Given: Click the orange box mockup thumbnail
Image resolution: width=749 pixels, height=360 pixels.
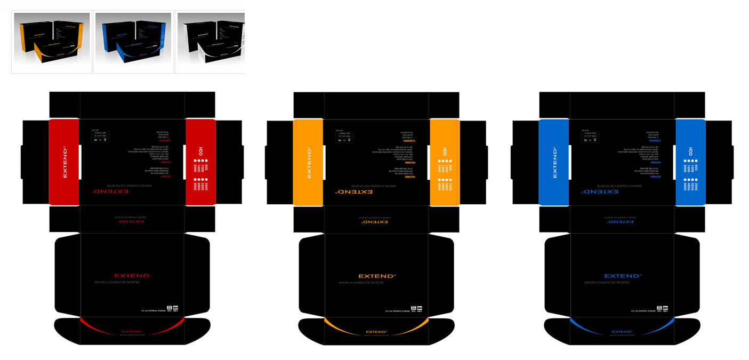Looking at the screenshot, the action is [51, 42].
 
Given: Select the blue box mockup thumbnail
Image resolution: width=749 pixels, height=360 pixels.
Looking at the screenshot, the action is [133, 42].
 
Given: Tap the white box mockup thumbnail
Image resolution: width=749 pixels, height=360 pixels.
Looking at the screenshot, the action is [210, 42].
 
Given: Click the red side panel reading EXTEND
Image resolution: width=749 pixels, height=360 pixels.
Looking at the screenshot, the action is [64, 162].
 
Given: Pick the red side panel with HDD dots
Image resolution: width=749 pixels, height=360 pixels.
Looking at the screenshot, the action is [200, 162].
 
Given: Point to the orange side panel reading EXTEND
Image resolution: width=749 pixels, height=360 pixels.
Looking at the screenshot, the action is [308, 162].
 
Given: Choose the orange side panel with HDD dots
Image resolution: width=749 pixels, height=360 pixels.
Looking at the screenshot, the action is [445, 162].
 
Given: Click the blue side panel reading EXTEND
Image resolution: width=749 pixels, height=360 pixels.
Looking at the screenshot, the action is [554, 162].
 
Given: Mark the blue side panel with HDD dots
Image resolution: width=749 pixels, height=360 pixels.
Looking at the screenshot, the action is [690, 162].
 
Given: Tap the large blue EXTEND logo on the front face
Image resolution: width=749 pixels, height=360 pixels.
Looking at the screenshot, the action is [622, 276].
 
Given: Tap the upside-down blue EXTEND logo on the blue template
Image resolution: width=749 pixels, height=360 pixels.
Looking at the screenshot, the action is [600, 191].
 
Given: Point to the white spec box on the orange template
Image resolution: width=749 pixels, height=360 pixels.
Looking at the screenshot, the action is [345, 136].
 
